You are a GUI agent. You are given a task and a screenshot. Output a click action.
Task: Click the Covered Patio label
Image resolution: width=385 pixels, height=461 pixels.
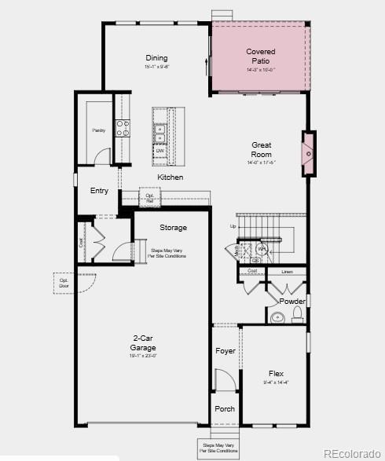[260, 56]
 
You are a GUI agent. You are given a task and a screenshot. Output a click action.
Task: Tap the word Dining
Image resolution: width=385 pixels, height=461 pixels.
[156, 58]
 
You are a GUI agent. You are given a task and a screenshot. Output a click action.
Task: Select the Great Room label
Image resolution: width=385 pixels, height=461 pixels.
[261, 149]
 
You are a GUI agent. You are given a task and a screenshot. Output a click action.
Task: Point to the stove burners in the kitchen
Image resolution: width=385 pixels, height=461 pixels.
[123, 128]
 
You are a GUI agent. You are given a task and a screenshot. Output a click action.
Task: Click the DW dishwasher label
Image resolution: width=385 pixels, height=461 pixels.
[159, 150]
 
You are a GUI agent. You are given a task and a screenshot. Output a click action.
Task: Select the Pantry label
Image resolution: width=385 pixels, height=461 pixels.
[98, 130]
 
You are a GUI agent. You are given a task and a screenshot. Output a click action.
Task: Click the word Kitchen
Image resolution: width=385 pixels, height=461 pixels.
[170, 177]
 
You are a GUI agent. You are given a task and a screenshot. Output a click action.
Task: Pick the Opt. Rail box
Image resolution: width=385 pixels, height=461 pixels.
[149, 199]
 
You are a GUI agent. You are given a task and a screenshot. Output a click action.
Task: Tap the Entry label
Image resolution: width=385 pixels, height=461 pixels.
[99, 191]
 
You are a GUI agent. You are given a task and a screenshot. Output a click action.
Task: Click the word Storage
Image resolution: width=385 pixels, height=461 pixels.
[173, 228]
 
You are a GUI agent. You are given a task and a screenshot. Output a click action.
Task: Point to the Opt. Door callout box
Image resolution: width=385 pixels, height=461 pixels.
[63, 282]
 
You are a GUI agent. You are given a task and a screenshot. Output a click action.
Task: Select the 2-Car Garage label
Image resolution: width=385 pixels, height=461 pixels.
[143, 343]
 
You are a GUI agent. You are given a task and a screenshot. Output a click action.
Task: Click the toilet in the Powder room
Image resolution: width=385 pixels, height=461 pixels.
[297, 316]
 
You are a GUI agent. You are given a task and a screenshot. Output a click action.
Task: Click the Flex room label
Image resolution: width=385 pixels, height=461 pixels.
[275, 374]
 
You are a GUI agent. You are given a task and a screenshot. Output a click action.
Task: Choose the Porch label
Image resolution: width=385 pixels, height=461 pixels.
[225, 408]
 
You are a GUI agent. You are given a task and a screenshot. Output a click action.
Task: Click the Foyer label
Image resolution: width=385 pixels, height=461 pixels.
[225, 351]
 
